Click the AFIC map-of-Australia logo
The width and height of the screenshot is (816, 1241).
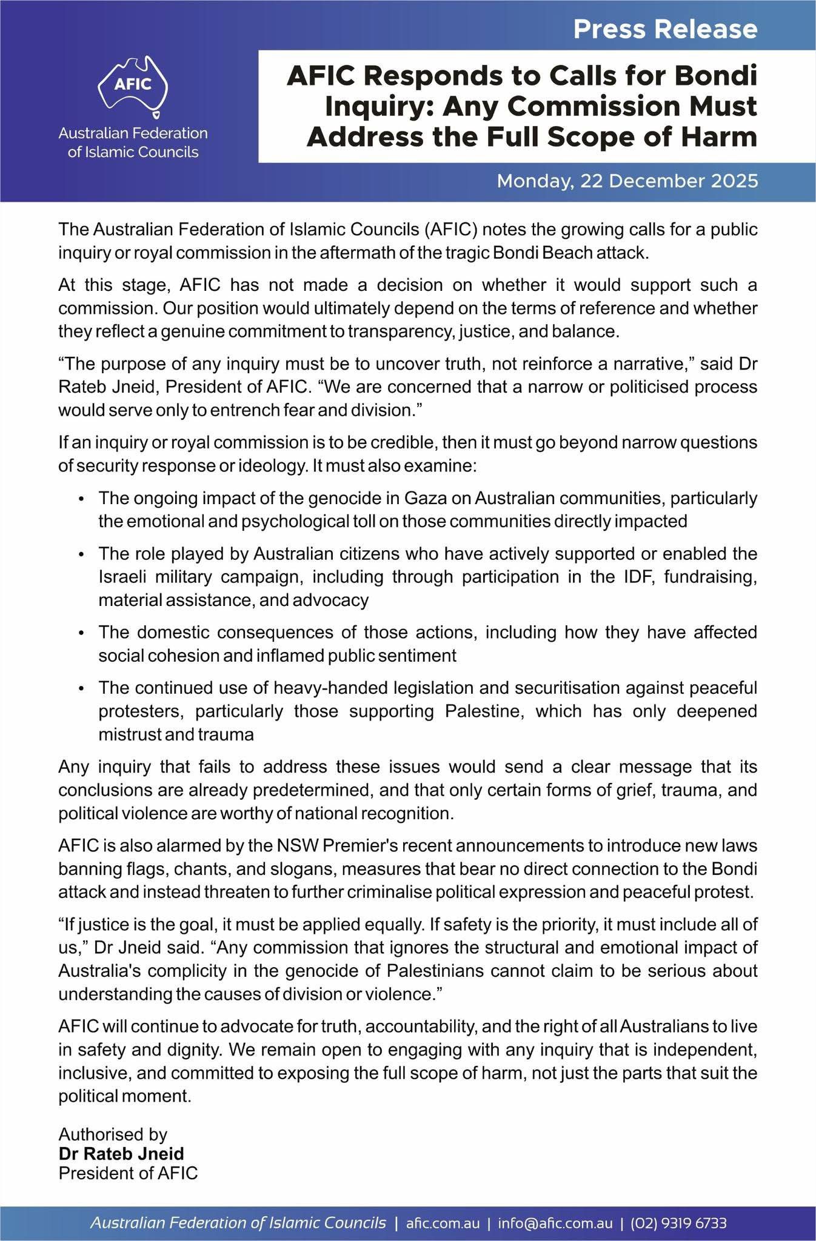[133, 84]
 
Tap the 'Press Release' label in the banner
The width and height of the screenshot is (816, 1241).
[665, 29]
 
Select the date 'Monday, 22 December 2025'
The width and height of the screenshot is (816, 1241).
[627, 181]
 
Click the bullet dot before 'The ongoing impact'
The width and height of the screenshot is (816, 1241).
[81, 499]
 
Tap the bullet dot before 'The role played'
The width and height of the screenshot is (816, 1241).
[81, 554]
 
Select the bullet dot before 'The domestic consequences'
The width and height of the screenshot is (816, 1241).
[81, 633]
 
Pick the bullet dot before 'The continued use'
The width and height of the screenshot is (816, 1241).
[81, 688]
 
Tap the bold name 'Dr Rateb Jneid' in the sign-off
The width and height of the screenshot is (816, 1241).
[121, 1154]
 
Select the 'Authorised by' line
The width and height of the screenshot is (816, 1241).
[113, 1134]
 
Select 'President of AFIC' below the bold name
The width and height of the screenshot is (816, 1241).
[128, 1173]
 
